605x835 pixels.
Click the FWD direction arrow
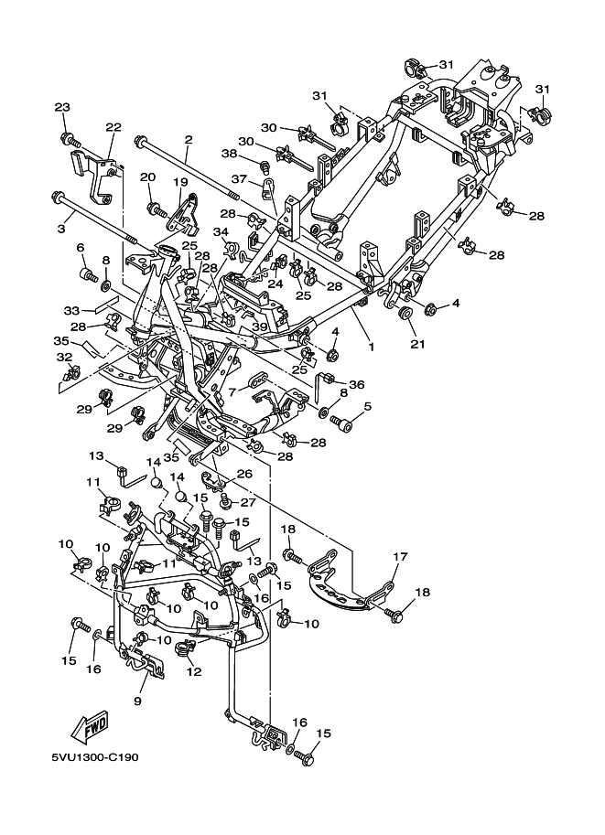point(90,727)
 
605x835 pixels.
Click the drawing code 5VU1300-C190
point(94,756)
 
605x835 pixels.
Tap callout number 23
point(62,107)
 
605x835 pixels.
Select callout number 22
point(113,127)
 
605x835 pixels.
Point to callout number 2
point(188,140)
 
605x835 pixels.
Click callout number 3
point(62,229)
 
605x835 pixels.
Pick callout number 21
point(417,344)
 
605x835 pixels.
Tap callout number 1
point(371,347)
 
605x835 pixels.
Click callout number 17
point(400,556)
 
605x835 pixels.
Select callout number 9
point(137,701)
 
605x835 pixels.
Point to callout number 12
point(194,671)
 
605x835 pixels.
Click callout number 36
point(356,384)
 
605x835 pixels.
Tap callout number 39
point(260,327)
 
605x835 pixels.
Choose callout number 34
point(221,231)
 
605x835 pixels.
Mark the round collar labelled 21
point(405,313)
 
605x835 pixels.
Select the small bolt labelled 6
point(86,274)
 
